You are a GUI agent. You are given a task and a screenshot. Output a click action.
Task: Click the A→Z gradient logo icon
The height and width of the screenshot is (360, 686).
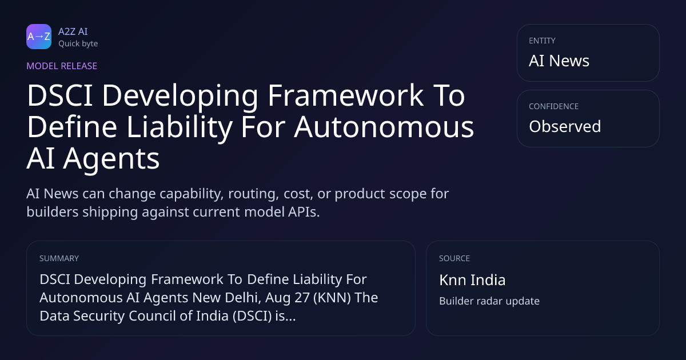(39, 37)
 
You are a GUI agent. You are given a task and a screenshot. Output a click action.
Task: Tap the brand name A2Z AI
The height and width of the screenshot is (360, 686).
(73, 31)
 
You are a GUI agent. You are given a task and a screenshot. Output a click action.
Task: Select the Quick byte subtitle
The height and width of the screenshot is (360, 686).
(78, 44)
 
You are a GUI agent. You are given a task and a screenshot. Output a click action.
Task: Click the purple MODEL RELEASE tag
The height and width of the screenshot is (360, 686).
(62, 66)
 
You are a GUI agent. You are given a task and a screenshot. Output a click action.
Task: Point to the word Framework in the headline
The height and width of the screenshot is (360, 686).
(345, 95)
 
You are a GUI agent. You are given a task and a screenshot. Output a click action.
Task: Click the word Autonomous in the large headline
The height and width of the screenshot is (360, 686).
(384, 127)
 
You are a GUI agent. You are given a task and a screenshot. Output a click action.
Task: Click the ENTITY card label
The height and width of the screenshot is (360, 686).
(542, 41)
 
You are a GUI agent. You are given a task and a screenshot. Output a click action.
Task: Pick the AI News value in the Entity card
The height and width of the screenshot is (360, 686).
(559, 61)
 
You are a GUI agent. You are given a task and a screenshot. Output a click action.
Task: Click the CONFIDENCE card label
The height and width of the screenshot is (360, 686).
(554, 106)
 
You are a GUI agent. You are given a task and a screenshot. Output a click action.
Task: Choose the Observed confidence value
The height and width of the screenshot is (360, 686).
(565, 126)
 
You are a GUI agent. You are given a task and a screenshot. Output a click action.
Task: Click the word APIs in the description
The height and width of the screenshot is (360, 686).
(304, 212)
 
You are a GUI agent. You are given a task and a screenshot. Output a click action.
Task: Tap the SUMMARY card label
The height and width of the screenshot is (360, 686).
(59, 258)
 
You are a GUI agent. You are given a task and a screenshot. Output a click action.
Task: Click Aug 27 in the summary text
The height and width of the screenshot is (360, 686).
(287, 298)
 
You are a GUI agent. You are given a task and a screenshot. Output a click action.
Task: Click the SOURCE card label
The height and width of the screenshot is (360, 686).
(454, 258)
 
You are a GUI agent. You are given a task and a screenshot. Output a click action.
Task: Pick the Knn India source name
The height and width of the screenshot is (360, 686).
(472, 280)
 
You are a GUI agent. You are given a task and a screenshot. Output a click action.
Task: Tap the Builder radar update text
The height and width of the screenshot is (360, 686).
(489, 301)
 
